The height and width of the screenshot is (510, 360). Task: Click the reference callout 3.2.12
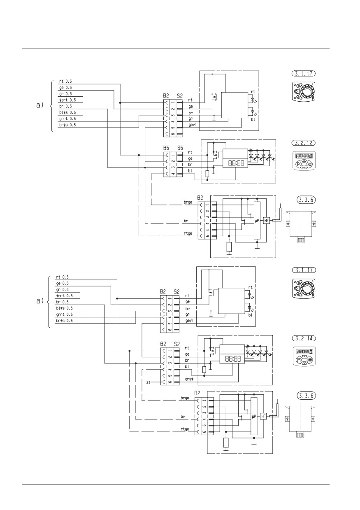pos(303,143)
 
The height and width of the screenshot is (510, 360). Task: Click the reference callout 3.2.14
pos(304,338)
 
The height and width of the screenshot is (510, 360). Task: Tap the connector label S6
pos(180,148)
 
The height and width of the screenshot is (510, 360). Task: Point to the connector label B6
pos(166,148)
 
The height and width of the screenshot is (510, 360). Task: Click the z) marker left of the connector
pos(148,382)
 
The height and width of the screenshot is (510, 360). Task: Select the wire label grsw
pos(189,380)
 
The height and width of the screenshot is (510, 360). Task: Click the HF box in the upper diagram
pos(267,220)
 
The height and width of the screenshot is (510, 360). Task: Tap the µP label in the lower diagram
pos(254,416)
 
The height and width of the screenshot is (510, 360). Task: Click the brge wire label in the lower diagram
pos(185,398)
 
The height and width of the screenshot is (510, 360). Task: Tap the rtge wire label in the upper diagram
pos(188,233)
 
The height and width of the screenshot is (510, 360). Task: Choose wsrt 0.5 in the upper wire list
pos(67,100)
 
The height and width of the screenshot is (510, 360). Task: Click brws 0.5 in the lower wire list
pos(65,321)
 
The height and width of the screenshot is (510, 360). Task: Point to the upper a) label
pos(40,105)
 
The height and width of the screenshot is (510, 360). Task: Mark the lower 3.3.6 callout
pos(307,396)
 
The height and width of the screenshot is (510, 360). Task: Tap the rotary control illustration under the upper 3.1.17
pos(303,92)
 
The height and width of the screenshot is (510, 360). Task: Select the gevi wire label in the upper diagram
pos(193,125)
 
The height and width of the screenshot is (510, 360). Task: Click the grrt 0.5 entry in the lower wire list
pos(65,314)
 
